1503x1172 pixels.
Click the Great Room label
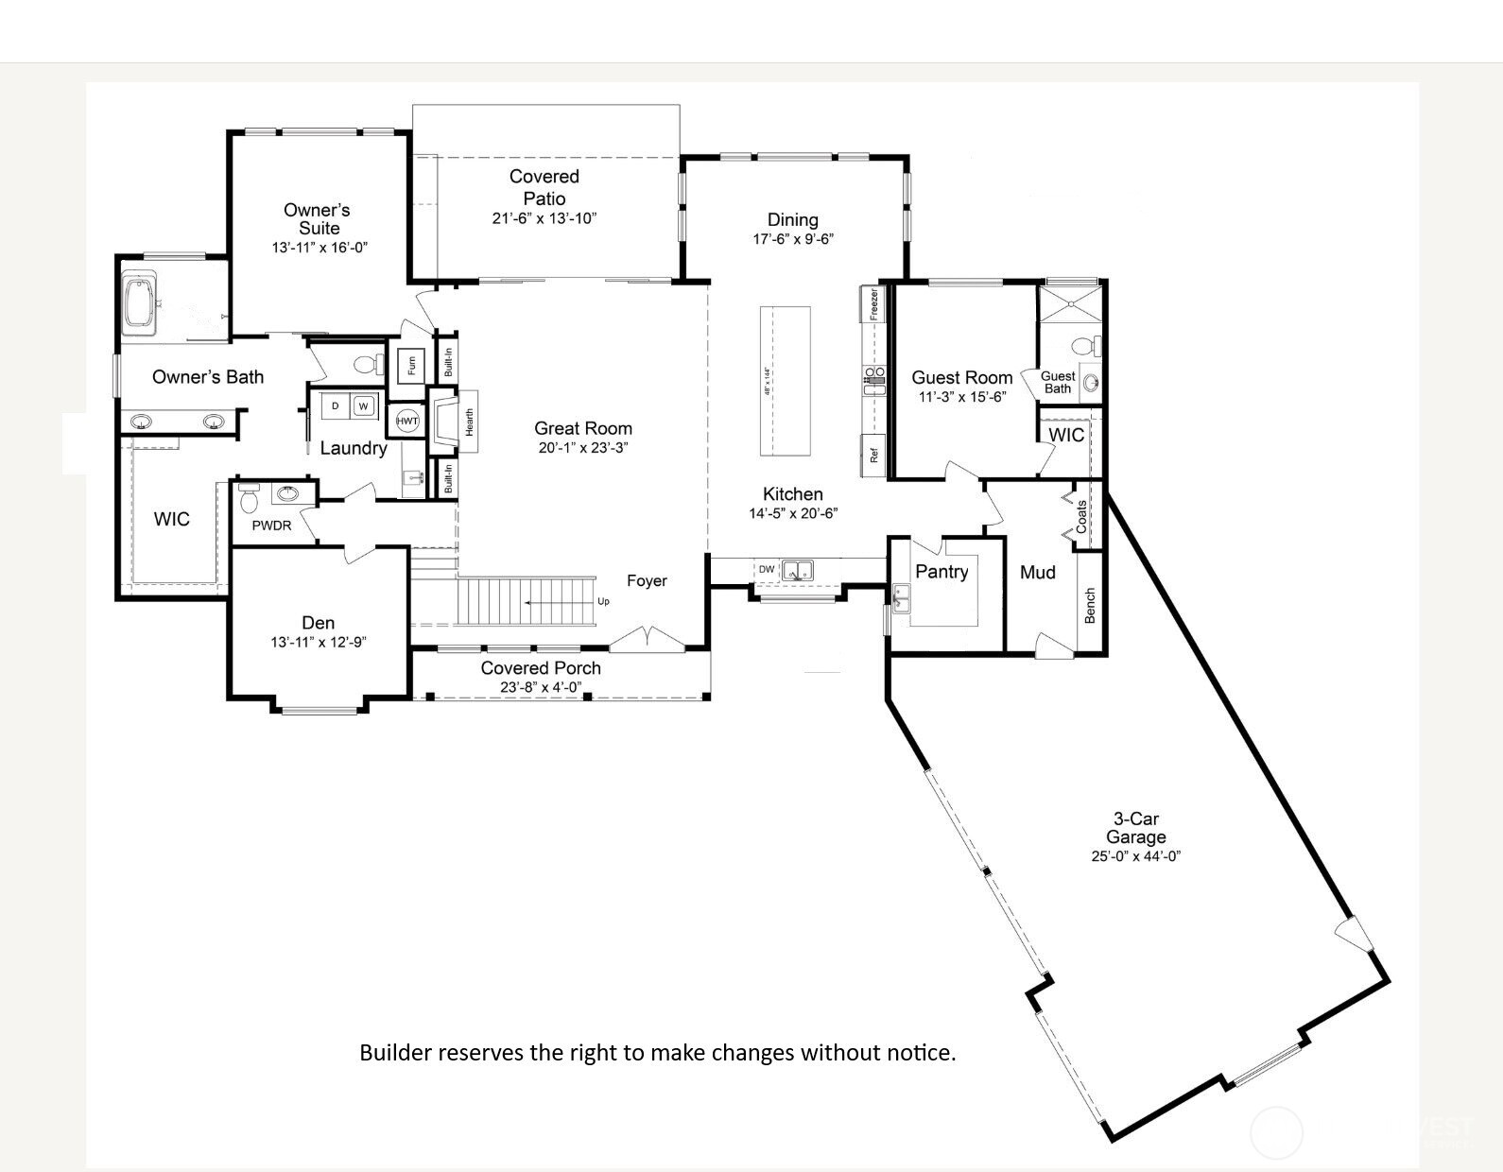tap(583, 428)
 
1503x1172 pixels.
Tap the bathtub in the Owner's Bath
tap(141, 302)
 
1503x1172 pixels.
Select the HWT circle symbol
tap(407, 421)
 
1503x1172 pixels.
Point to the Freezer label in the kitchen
tap(874, 304)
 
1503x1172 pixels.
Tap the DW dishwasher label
tap(767, 569)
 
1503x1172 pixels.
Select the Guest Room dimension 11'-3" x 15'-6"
tap(961, 397)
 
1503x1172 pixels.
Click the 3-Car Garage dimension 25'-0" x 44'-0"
tap(1135, 856)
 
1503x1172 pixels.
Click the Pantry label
tap(942, 572)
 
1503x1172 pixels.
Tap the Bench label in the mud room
tap(1090, 605)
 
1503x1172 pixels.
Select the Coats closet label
tap(1082, 516)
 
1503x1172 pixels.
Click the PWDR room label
tap(271, 526)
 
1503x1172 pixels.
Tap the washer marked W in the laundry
tap(363, 406)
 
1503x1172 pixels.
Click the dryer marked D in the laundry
tap(336, 406)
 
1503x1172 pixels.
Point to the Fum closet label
tap(412, 364)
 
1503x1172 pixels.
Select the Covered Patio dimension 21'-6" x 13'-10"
tap(544, 218)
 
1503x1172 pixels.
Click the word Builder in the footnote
tap(394, 1052)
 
